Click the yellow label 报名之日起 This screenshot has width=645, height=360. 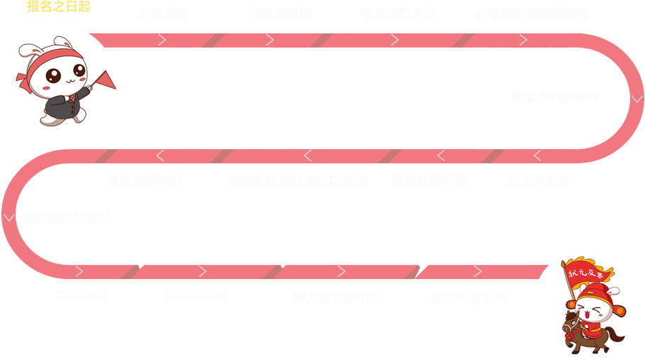coord(58,7)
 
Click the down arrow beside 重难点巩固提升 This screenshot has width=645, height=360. coord(636,99)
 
